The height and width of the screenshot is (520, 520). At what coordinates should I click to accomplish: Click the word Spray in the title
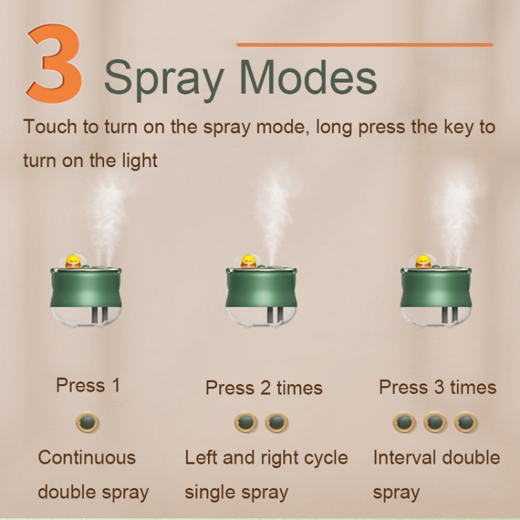[x=164, y=77]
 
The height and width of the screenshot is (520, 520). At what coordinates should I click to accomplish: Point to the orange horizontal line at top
[x=364, y=44]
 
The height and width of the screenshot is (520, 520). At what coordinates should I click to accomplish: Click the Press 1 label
[x=87, y=385]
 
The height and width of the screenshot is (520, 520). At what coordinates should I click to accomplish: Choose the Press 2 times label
[x=263, y=388]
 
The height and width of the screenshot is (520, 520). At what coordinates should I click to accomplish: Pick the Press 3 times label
[x=437, y=387]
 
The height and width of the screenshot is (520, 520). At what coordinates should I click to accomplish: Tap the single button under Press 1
[x=87, y=422]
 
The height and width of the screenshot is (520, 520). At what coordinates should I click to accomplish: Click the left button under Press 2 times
[x=245, y=422]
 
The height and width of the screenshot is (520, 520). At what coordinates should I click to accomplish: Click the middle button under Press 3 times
[x=435, y=422]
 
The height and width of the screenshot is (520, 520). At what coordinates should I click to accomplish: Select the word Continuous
[x=87, y=458]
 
